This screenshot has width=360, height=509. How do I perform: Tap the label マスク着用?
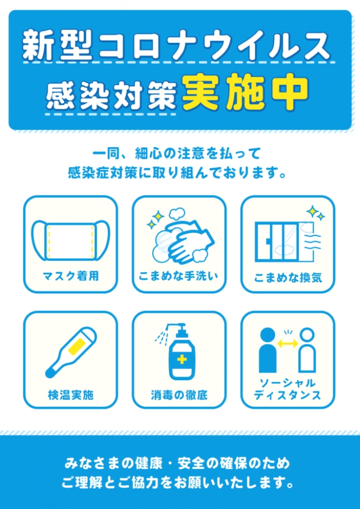[x=71, y=276]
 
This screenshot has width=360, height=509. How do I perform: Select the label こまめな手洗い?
[x=179, y=276]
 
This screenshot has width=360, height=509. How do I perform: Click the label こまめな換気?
[x=288, y=278]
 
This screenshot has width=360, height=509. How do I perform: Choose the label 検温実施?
[x=71, y=394]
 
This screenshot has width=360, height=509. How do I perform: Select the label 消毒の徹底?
[x=179, y=394]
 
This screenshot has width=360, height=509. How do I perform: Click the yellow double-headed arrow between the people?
[x=288, y=344]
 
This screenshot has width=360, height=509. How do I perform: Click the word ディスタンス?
[x=288, y=395]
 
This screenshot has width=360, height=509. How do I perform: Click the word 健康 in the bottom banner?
[x=135, y=464]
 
